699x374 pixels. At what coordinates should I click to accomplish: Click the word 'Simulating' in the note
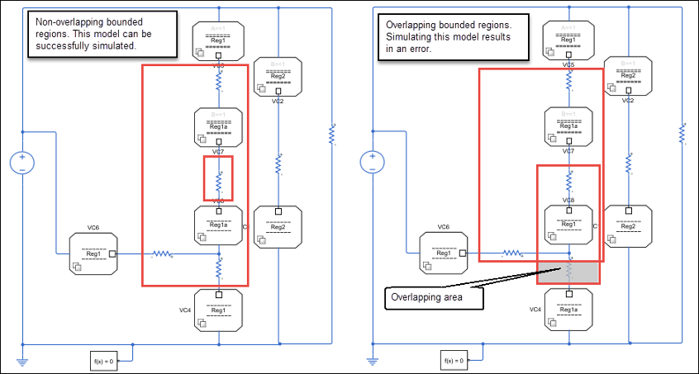coord(408,37)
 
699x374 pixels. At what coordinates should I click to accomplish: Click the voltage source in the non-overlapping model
coord(21,163)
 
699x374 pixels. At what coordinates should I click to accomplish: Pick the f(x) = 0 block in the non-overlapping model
coord(103,361)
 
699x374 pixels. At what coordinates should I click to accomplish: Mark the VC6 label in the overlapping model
coord(443,226)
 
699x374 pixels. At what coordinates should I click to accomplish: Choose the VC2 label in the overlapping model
coord(628,101)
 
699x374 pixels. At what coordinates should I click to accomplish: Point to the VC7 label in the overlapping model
coord(568,152)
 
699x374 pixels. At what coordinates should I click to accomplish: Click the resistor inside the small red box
coord(219,179)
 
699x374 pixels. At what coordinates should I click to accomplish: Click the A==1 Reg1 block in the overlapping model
coord(568,39)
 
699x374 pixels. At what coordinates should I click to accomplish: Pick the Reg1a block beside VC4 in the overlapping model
coord(568,309)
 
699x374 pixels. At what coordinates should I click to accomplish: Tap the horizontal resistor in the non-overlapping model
coord(162,254)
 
